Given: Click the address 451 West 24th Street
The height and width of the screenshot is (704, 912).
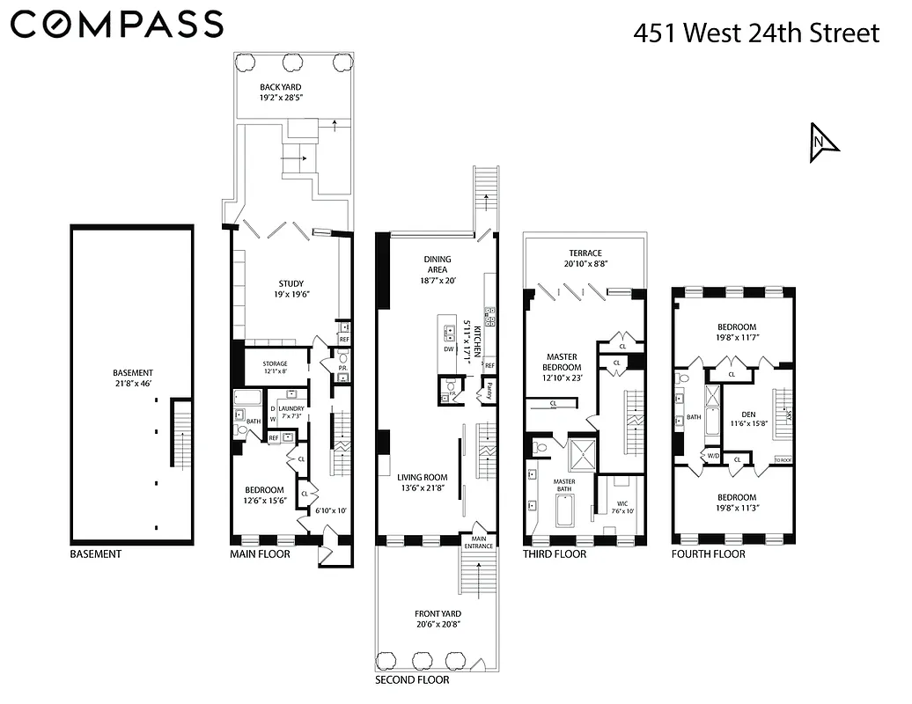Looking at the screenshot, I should pos(756,33).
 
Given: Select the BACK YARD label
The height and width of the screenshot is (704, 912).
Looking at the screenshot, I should pos(281,87).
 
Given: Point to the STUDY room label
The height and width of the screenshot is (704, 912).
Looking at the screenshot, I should pos(291,283).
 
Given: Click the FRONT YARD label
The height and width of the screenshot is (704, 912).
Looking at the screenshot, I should pos(438,614).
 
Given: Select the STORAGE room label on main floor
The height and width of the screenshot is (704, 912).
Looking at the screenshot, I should pos(276,363).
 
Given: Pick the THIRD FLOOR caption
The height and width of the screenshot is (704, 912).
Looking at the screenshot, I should pos(554,554).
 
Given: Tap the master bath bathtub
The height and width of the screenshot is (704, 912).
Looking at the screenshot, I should pos(563,510).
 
